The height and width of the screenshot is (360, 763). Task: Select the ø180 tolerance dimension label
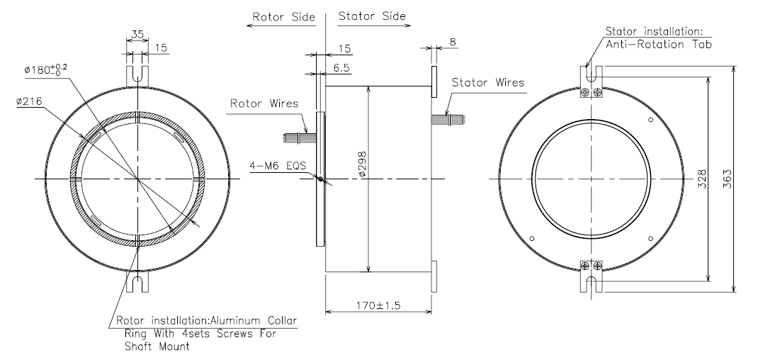click(47, 69)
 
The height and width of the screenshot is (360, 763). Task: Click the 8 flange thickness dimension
click(453, 43)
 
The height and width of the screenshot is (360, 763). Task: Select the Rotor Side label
click(280, 15)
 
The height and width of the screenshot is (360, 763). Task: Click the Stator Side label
click(373, 15)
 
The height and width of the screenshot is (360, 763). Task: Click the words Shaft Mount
click(152, 347)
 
